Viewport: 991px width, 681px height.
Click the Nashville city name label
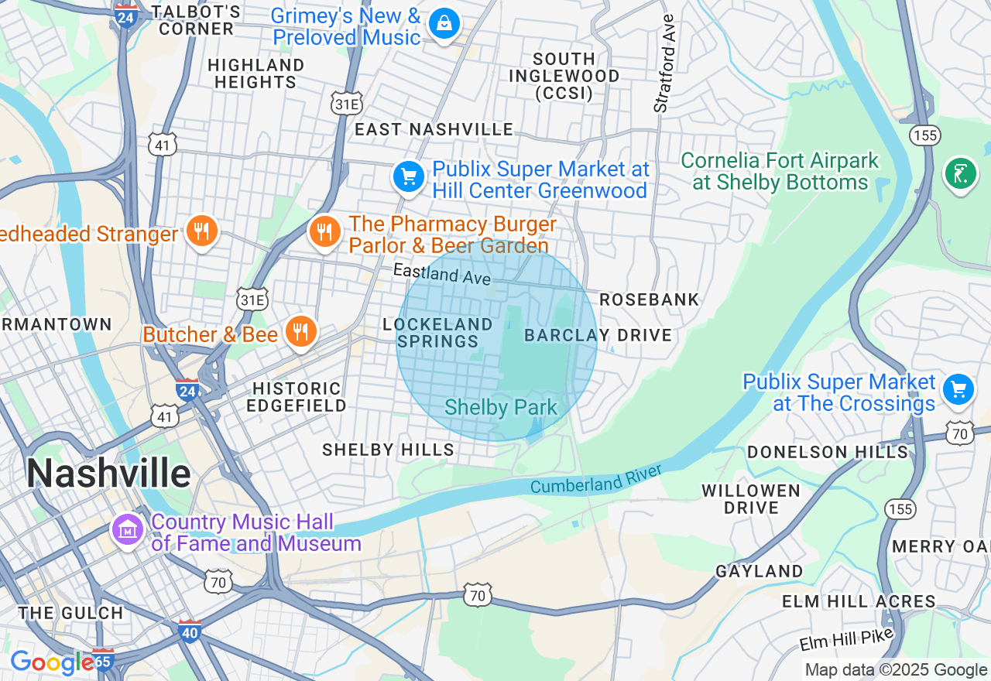click(108, 472)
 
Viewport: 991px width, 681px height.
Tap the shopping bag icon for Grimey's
click(444, 24)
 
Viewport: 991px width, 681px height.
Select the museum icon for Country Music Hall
click(129, 530)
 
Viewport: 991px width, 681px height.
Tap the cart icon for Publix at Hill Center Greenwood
click(409, 177)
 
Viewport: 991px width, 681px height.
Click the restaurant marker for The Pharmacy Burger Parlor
click(325, 231)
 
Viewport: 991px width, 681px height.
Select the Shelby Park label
click(501, 408)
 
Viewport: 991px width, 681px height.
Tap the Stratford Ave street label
click(664, 63)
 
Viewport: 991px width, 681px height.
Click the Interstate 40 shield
click(189, 631)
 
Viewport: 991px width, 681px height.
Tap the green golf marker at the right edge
click(960, 173)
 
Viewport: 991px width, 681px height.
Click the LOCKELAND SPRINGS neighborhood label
click(437, 333)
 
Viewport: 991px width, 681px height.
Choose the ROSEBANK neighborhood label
click(649, 299)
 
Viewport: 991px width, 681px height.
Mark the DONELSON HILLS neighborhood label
click(827, 452)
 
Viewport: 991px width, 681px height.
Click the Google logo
click(51, 662)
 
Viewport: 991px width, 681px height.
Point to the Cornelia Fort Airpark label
click(780, 172)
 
